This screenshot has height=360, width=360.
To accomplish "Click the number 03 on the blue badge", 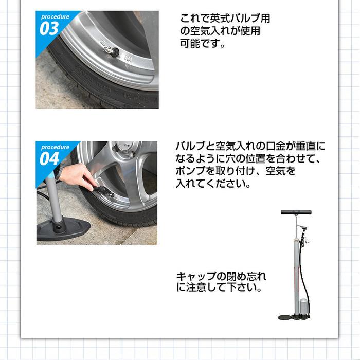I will click(x=49, y=28).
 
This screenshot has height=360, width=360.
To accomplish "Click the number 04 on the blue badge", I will click(x=50, y=158).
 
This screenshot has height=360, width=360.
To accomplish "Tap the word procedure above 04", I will click(x=55, y=147).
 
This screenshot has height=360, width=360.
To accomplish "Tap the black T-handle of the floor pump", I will click(x=297, y=211).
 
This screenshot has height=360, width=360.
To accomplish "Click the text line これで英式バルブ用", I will click(x=225, y=19).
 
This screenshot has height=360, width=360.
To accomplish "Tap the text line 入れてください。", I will click(x=212, y=184).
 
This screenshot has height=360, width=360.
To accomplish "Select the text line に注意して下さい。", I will click(x=219, y=289).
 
